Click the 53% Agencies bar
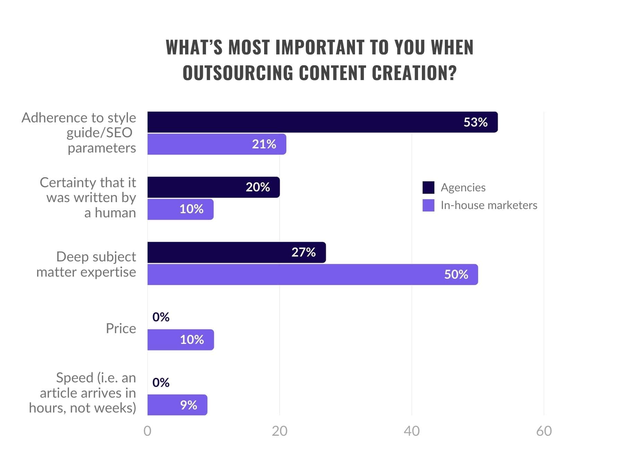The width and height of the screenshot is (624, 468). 322,122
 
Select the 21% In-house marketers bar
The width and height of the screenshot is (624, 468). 217,144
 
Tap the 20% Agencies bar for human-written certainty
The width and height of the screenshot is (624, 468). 213,187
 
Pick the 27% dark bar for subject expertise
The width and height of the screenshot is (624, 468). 236,252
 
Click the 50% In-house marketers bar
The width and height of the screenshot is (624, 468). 312,275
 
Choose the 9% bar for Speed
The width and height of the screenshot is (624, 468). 177,405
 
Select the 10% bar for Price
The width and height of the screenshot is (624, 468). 181,340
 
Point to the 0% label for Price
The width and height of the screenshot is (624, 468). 161,317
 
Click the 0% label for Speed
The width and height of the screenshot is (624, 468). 161,382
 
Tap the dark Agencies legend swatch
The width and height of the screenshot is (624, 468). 428,188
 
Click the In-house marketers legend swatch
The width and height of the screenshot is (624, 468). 428,205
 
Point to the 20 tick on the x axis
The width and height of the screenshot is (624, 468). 279,431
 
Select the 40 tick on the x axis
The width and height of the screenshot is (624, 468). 411,431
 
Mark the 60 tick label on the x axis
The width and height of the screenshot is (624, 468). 544,431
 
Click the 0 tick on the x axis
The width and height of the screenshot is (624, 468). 147,431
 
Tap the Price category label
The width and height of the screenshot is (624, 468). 121,328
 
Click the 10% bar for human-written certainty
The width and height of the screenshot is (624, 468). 180,209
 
